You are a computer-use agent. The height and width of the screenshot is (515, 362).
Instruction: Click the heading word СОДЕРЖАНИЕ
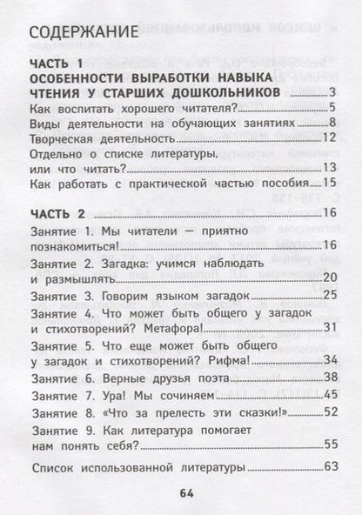(x=83, y=35)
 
